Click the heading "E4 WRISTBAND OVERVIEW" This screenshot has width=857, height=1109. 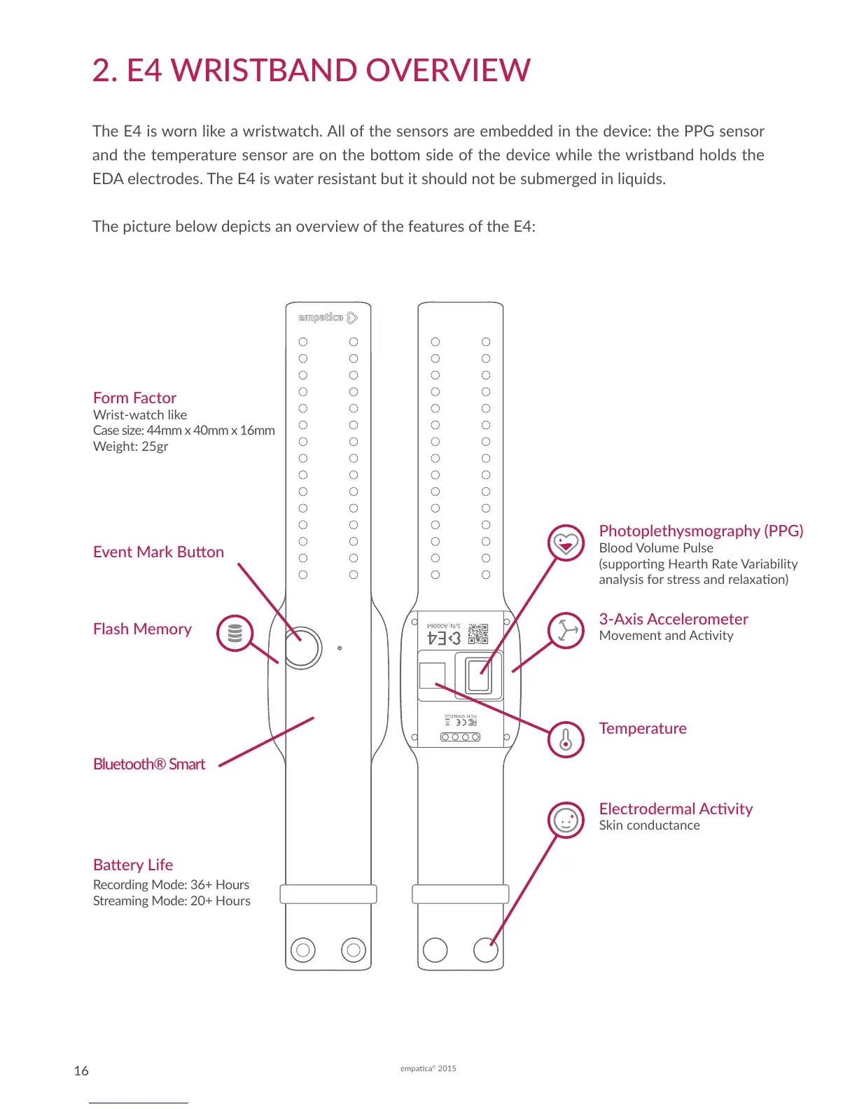coord(312,71)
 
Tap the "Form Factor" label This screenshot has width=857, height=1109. coord(134,398)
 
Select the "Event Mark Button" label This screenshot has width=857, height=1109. coord(158,552)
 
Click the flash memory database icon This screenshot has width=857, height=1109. coord(235,633)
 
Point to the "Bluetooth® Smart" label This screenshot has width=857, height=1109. coord(149,764)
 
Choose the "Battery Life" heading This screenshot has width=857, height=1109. coord(133,865)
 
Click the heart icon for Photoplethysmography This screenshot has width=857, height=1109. coord(566,543)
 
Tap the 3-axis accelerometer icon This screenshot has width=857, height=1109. coord(566,630)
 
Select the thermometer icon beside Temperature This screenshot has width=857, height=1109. coord(566,739)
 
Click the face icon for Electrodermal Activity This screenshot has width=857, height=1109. coord(566,820)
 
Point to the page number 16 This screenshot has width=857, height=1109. coord(81,1070)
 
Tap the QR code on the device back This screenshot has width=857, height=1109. coord(478,634)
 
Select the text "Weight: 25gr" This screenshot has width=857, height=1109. coord(131,446)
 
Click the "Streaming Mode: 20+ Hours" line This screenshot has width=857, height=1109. coord(172,900)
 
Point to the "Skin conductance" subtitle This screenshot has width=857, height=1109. coord(649,825)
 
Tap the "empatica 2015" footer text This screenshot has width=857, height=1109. coord(428,1068)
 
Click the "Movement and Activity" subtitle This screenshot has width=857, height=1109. coord(666,635)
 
